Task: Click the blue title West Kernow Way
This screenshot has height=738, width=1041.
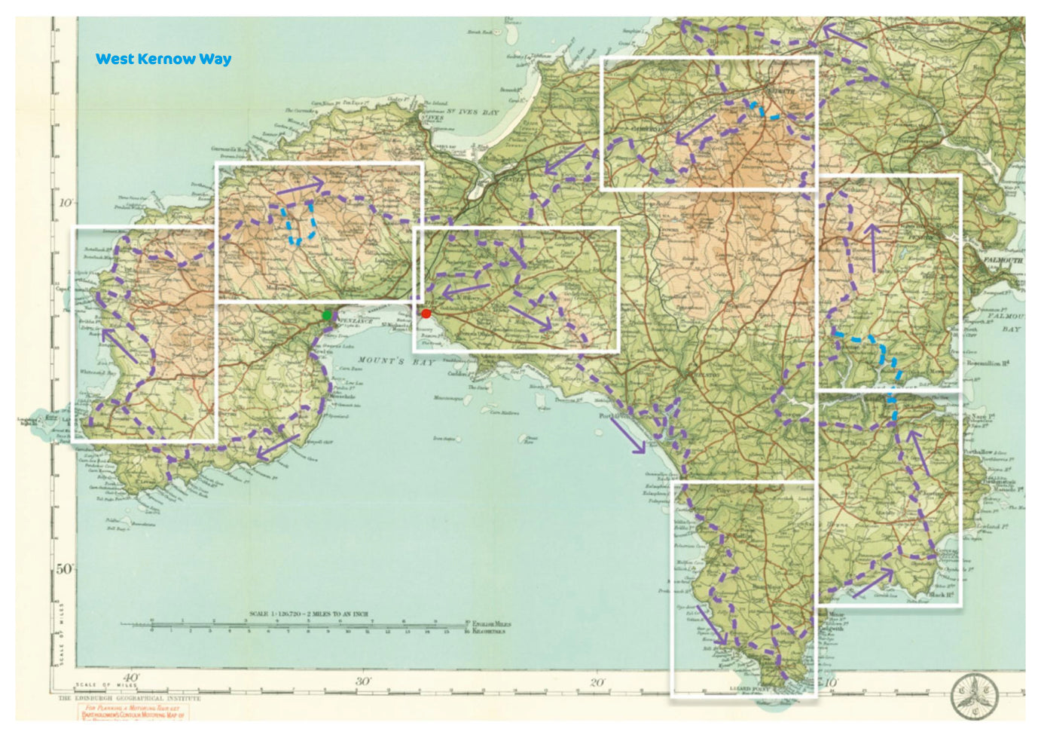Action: pos(163,59)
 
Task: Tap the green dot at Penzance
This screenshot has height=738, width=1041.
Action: pos(326,315)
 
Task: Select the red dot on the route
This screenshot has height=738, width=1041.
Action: pos(426,314)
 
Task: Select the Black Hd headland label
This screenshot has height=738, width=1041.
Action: pos(942,595)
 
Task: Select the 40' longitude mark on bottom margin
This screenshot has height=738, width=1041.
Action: pos(130,678)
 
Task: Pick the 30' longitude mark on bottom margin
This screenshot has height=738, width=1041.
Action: pos(363,681)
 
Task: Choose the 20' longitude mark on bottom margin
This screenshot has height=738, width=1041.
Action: pos(597,683)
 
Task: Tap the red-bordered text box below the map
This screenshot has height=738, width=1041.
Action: pos(132,712)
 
